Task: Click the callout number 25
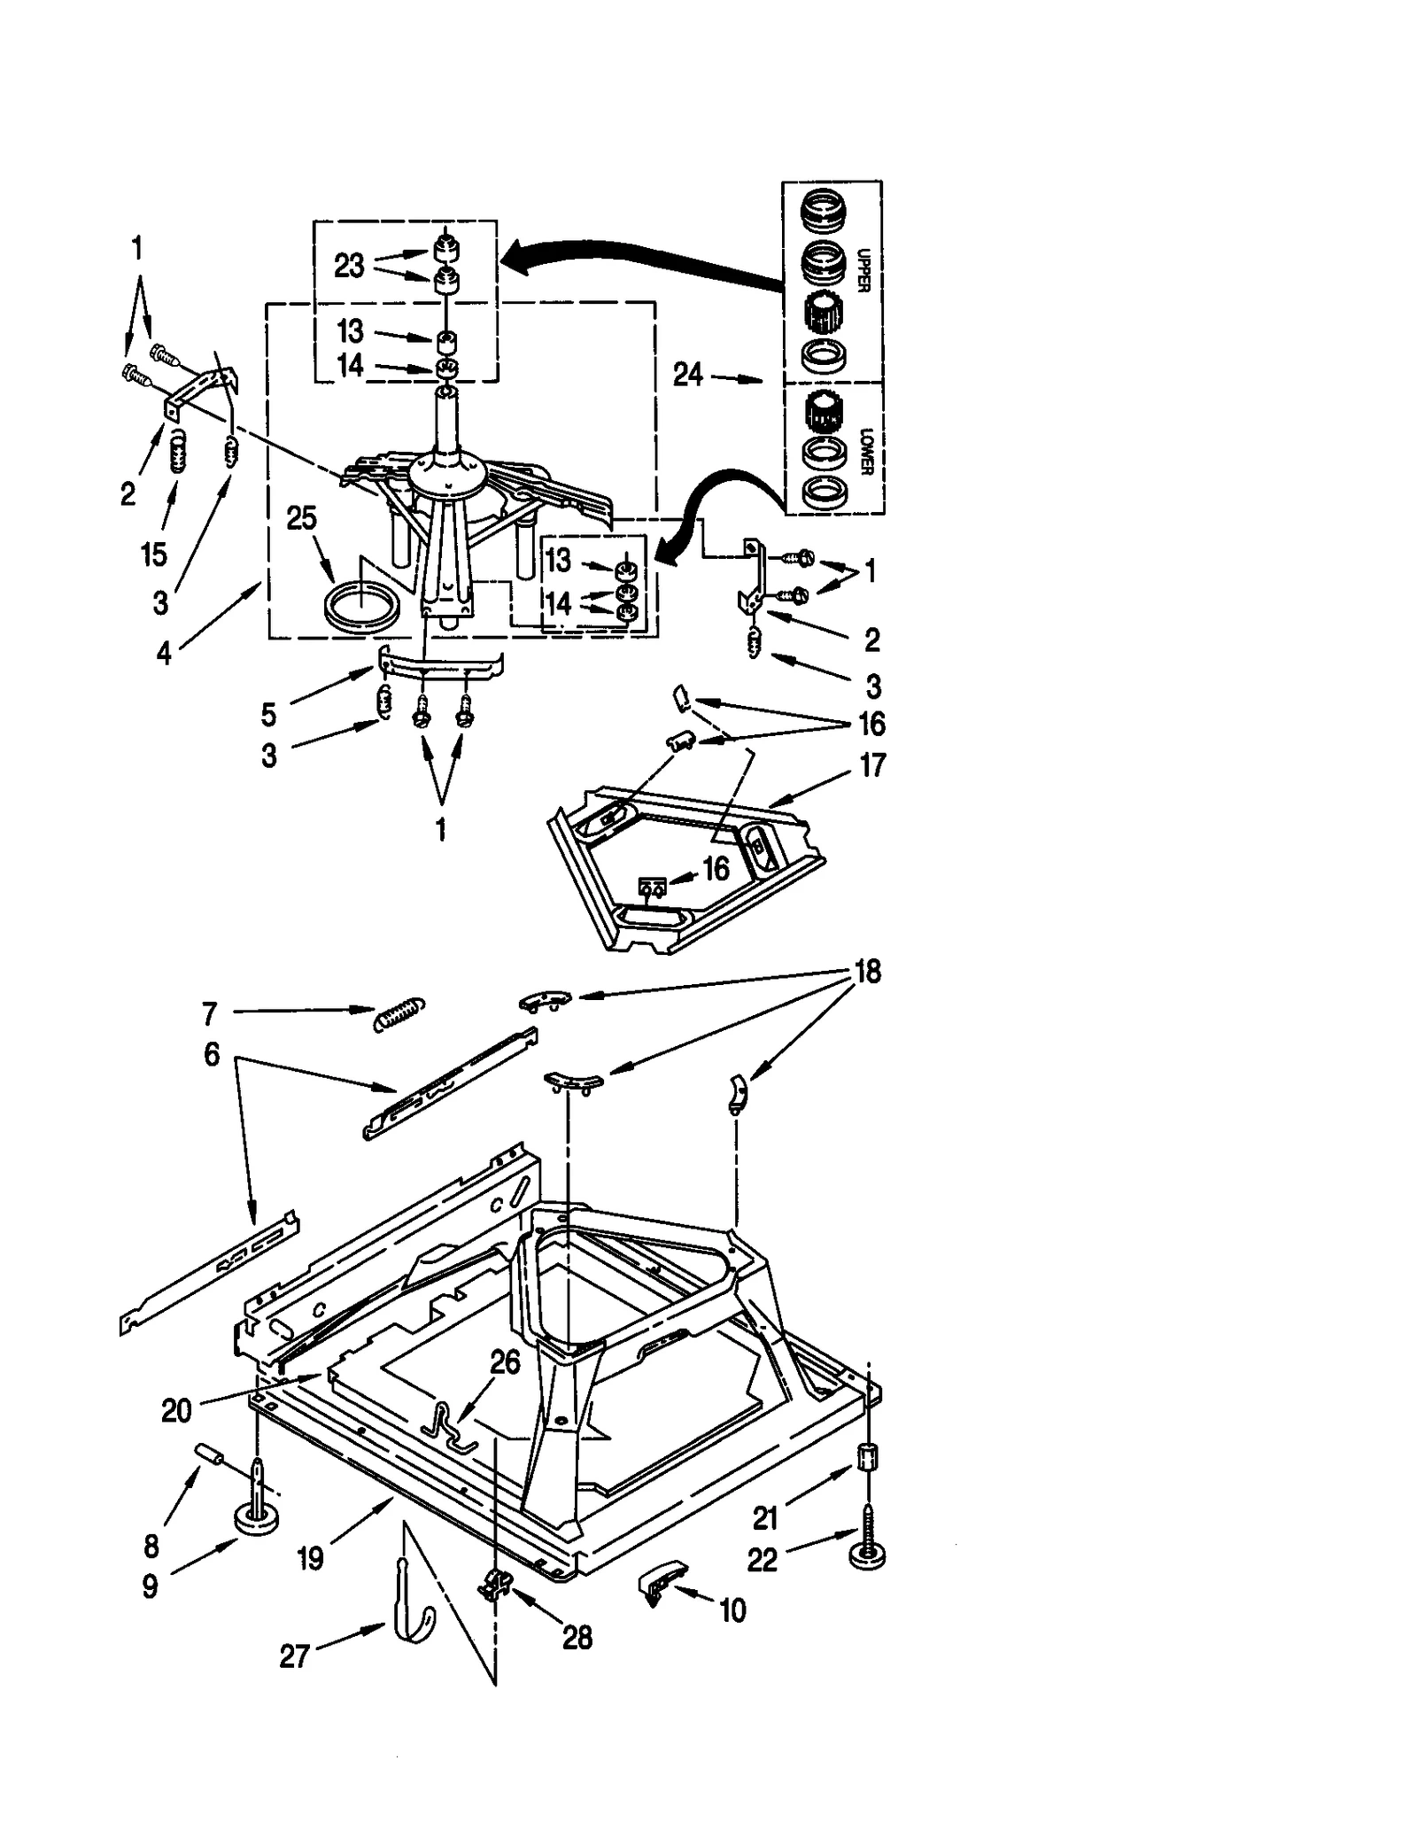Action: click(x=301, y=518)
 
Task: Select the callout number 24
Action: click(x=688, y=375)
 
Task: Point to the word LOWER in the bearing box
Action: click(x=866, y=452)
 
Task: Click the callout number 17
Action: click(x=872, y=764)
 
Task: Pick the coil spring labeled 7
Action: click(x=399, y=1013)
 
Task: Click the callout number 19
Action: click(x=311, y=1558)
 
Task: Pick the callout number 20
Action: click(x=176, y=1410)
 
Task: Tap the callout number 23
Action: click(x=349, y=265)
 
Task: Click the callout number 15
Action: click(x=153, y=555)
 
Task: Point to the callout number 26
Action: click(x=505, y=1362)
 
